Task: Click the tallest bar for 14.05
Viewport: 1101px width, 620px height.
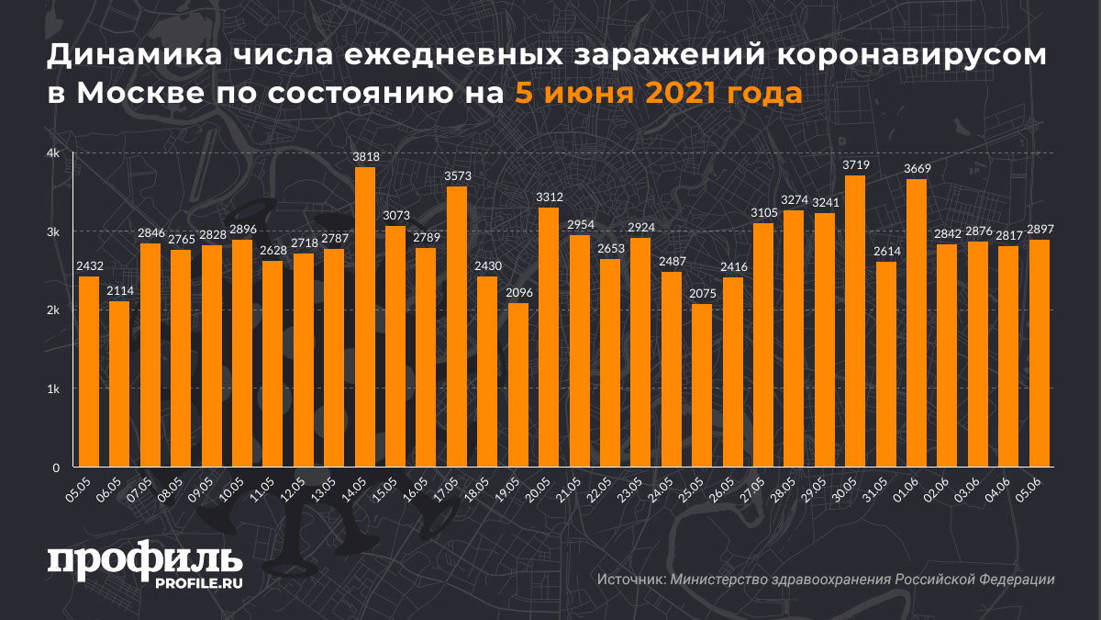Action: click(365, 317)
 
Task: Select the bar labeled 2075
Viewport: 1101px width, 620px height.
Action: click(701, 386)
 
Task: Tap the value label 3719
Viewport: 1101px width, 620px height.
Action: click(855, 164)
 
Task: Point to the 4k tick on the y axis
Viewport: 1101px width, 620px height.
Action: click(53, 153)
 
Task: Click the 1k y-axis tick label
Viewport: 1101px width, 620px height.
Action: click(53, 389)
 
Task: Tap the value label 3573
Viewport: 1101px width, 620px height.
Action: click(457, 175)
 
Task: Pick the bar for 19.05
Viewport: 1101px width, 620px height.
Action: click(518, 385)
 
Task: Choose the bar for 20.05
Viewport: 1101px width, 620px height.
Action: click(549, 337)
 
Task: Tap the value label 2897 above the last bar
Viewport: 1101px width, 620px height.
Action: click(1039, 229)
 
